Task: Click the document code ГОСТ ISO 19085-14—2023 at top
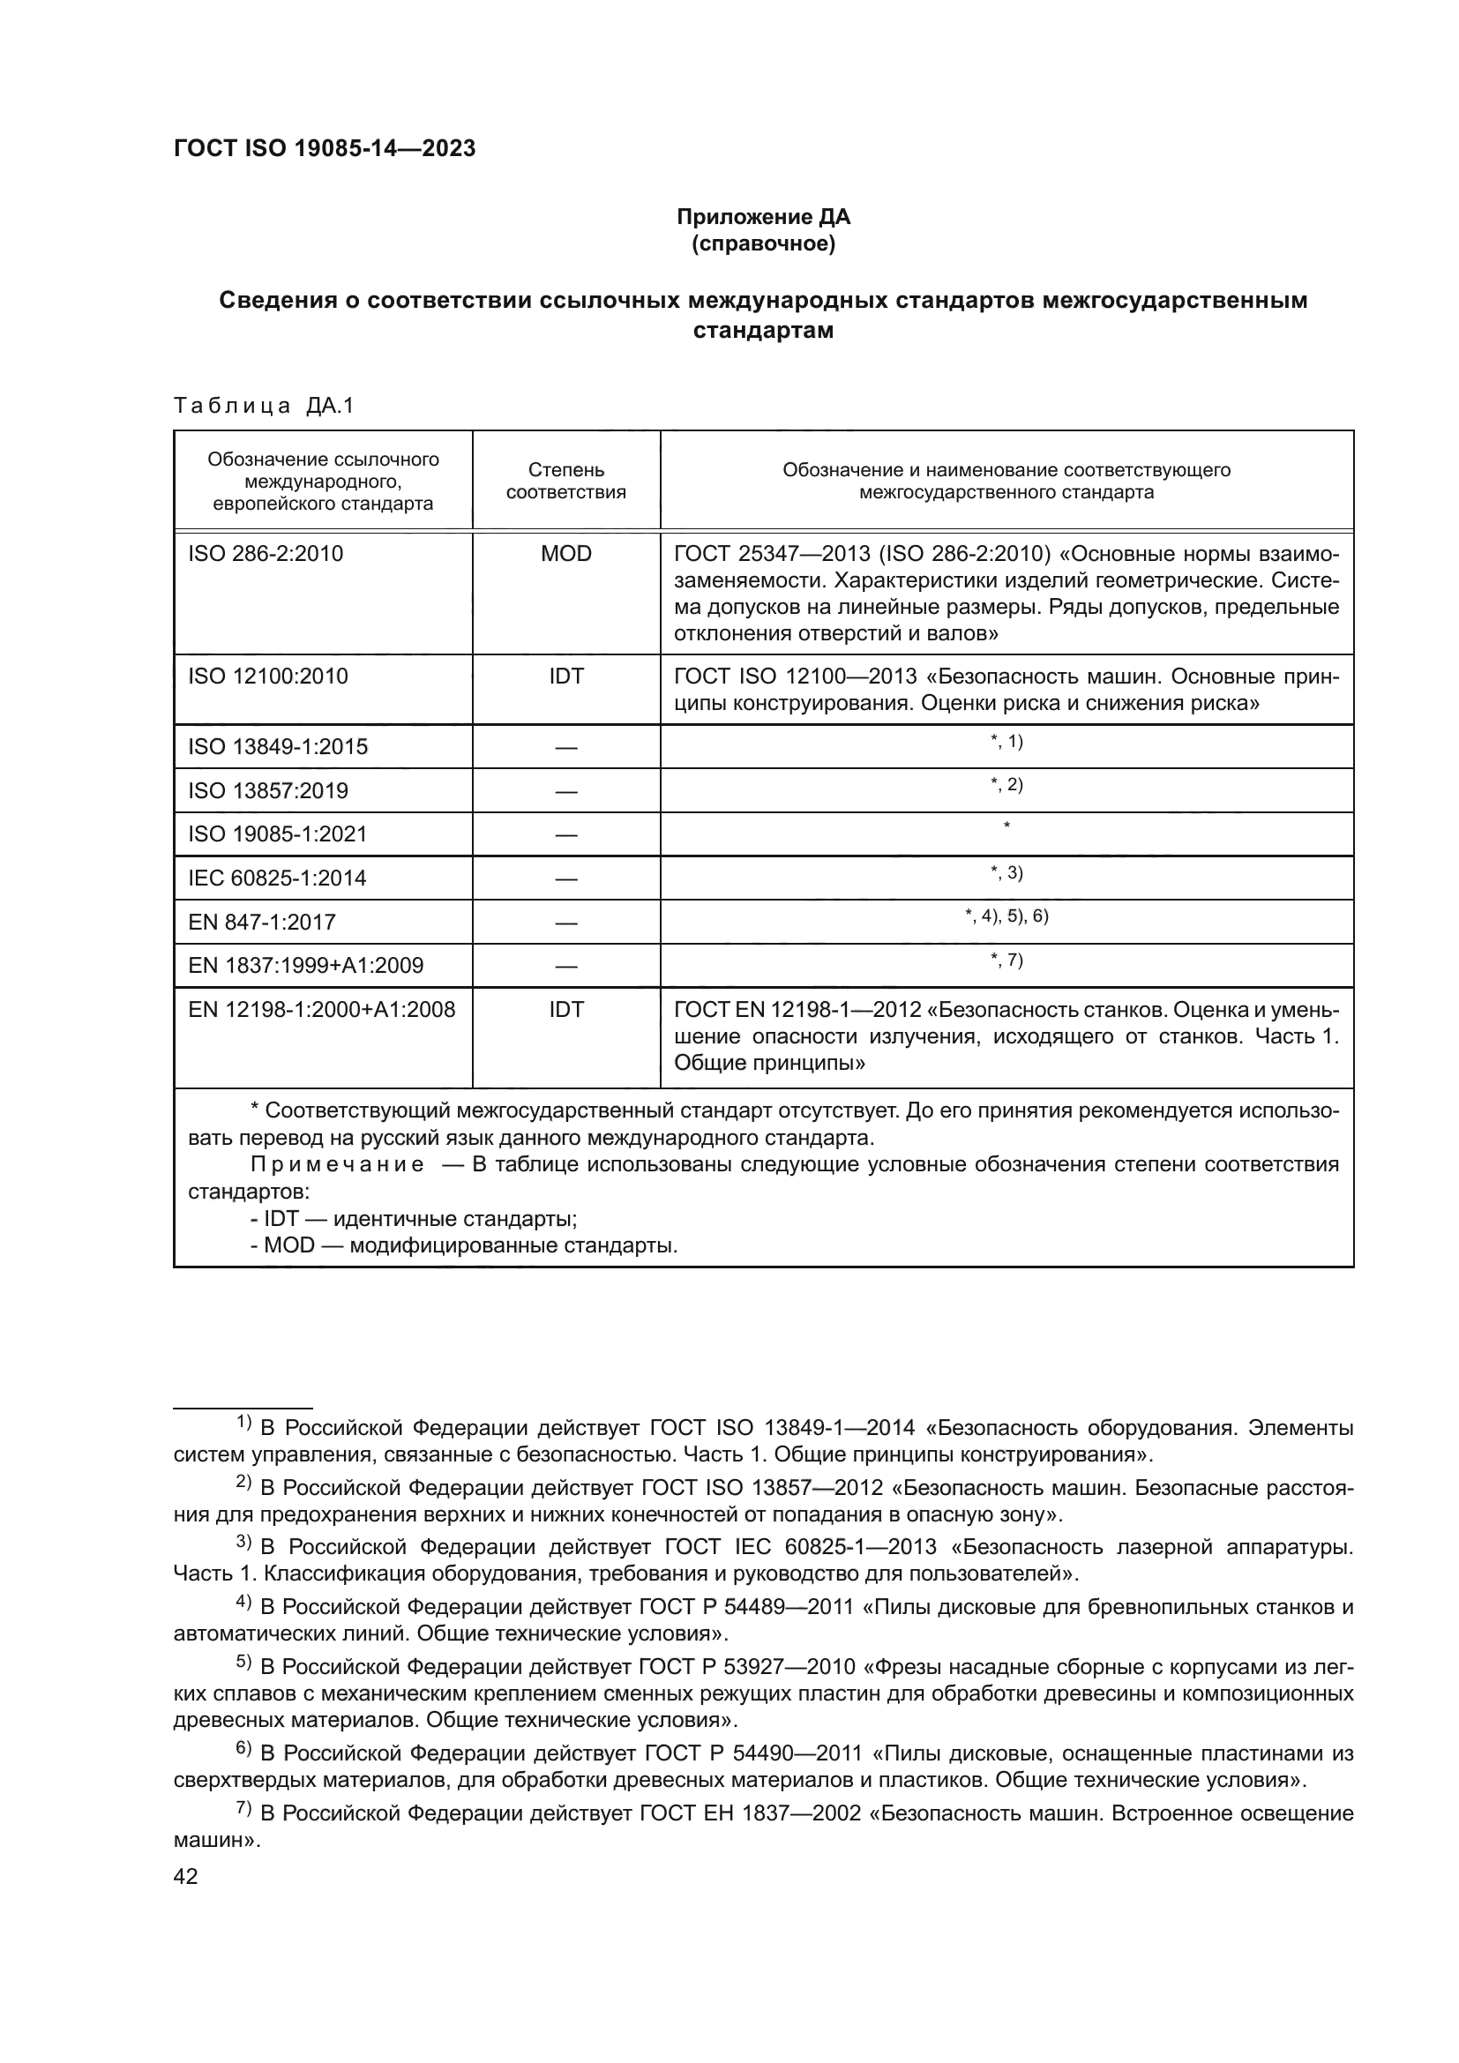(x=325, y=149)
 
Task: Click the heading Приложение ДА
(x=763, y=217)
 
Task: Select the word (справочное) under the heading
(x=763, y=243)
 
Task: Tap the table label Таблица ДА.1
(x=264, y=406)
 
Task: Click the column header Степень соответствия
(x=565, y=481)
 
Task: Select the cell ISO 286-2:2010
(x=265, y=554)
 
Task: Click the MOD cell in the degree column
(x=565, y=554)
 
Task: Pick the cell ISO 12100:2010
(x=268, y=676)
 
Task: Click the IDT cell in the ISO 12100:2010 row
(x=565, y=676)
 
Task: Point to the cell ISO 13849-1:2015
(x=278, y=747)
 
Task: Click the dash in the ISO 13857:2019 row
(x=565, y=790)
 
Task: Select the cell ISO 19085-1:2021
(x=278, y=833)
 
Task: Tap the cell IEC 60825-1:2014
(x=277, y=878)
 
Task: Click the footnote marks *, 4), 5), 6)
(x=1006, y=916)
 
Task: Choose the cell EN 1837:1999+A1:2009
(x=305, y=965)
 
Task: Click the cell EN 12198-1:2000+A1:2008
(x=322, y=1009)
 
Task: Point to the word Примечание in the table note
(x=337, y=1165)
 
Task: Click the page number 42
(x=185, y=1876)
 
